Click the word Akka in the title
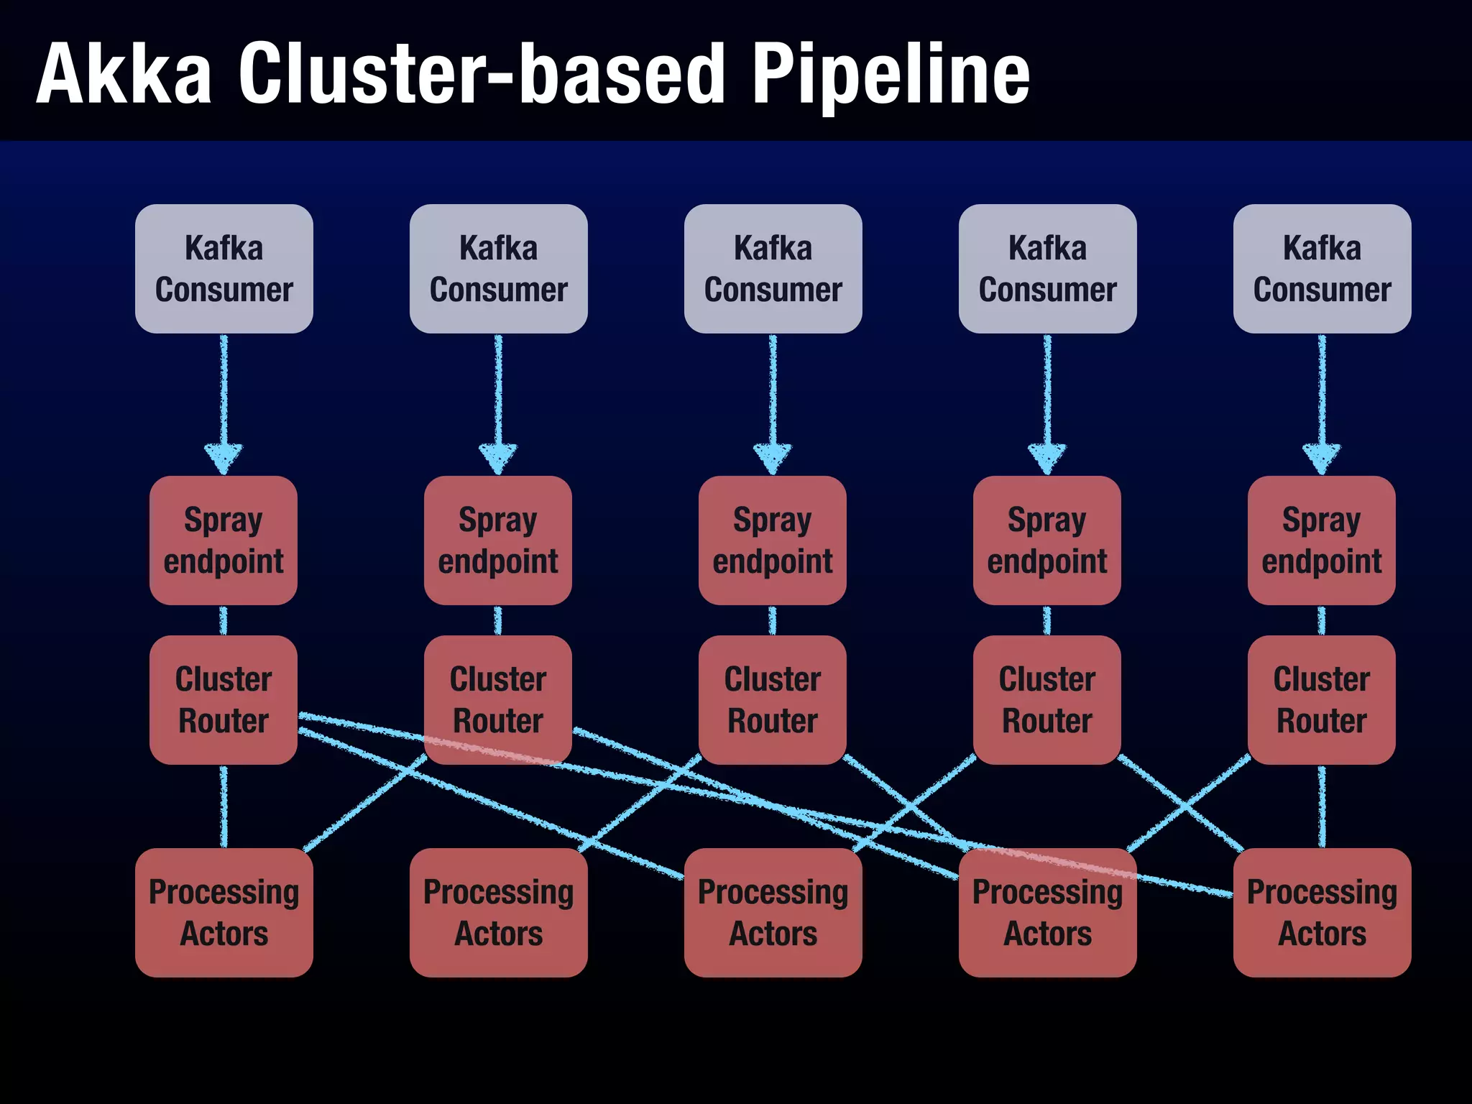pyautogui.click(x=124, y=73)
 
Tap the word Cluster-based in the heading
pyautogui.click(x=482, y=73)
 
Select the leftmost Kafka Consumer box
pyautogui.click(x=224, y=268)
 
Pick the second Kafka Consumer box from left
pyautogui.click(x=498, y=268)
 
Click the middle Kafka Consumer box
pyautogui.click(x=773, y=268)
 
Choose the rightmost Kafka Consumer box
pyautogui.click(x=1322, y=268)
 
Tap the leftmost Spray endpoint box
pyautogui.click(x=224, y=540)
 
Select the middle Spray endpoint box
pyautogui.click(x=773, y=540)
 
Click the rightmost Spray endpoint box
pyautogui.click(x=1322, y=540)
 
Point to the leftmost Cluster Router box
pyautogui.click(x=224, y=699)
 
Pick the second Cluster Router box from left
pyautogui.click(x=498, y=699)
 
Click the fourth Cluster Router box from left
pyautogui.click(x=1047, y=699)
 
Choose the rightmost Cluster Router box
pyautogui.click(x=1322, y=699)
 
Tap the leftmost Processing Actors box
pyautogui.click(x=224, y=912)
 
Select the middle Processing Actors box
pyautogui.click(x=773, y=912)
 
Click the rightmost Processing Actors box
pyautogui.click(x=1322, y=912)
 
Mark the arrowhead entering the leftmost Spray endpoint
pyautogui.click(x=224, y=458)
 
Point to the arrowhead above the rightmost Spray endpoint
pyautogui.click(x=1322, y=458)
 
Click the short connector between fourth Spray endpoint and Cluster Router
pyautogui.click(x=1047, y=620)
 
